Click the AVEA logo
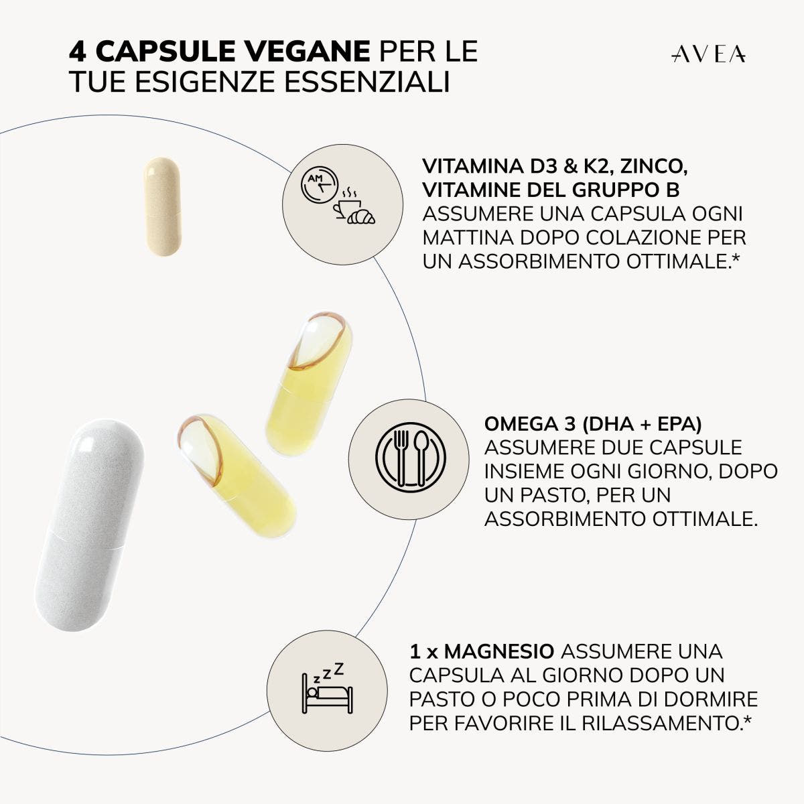pos(708,55)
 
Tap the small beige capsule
pos(162,206)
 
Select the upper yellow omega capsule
pos(309,383)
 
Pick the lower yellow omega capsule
pos(237,476)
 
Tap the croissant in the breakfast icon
pos(361,216)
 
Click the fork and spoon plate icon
pos(411,458)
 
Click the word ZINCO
pos(654,166)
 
